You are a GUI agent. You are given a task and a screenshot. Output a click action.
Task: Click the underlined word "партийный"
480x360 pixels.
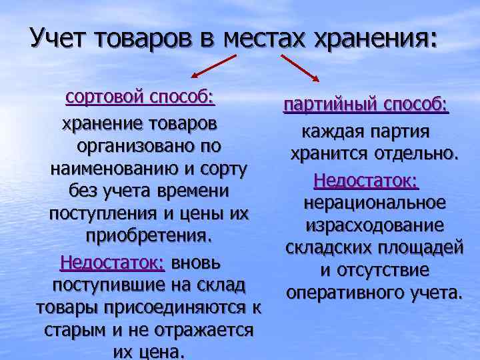(327, 105)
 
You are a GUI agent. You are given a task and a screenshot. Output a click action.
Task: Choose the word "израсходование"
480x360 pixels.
(373, 225)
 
